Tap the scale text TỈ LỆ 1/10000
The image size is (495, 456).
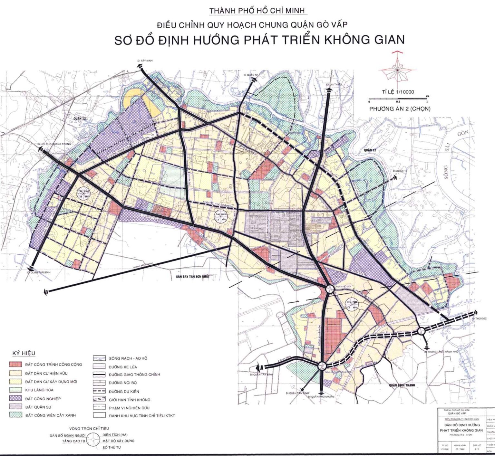tap(398, 92)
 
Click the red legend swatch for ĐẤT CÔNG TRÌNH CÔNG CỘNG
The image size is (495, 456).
tap(15, 365)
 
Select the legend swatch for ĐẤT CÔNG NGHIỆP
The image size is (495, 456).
tap(15, 399)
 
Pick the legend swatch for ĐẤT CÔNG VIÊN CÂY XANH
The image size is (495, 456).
tap(15, 415)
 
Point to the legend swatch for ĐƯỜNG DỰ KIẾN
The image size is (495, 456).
tap(99, 391)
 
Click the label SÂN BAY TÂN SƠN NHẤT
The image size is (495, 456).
tap(191, 277)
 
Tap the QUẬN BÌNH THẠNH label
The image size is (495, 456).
tap(402, 385)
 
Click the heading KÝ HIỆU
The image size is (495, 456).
tap(24, 353)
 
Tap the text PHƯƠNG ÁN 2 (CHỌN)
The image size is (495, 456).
tap(400, 109)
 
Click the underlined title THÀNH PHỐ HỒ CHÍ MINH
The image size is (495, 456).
tap(257, 11)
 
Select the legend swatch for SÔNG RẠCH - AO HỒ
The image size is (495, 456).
tap(99, 358)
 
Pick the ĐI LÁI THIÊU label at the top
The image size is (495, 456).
tap(333, 84)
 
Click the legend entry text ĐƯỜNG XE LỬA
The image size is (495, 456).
tap(123, 367)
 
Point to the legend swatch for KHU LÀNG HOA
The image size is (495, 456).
tap(15, 390)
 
